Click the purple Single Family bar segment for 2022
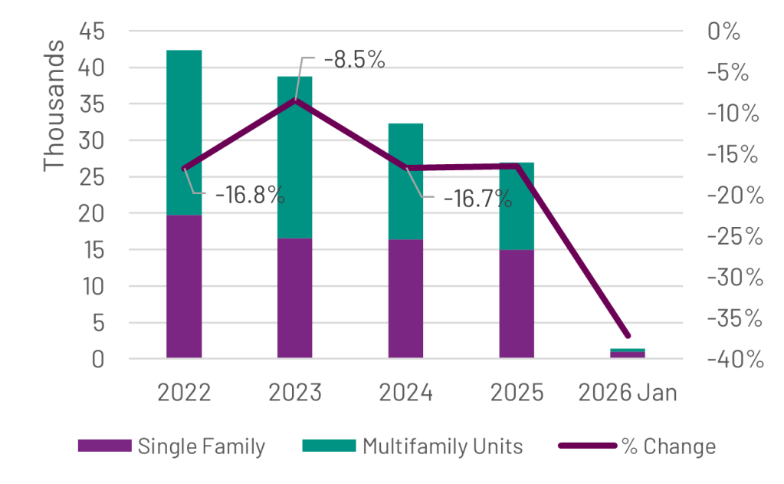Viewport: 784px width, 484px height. coord(184,286)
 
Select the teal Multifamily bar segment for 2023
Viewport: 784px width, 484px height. coord(295,157)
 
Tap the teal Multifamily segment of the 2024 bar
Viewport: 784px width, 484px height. coord(405,181)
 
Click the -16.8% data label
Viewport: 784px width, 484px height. coord(250,195)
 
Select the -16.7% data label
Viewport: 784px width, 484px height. coord(477,199)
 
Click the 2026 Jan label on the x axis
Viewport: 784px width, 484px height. coord(628,393)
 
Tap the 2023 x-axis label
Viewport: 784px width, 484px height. coord(295,393)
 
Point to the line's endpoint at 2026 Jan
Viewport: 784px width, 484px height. coord(628,336)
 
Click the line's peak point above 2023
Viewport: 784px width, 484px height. coord(295,100)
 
